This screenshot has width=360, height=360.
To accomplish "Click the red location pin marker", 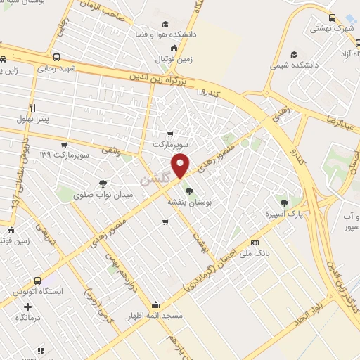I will click(181, 165).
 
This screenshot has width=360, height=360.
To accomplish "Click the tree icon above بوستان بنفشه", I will click(188, 190).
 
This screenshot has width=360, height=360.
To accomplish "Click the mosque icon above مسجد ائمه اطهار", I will click(155, 304).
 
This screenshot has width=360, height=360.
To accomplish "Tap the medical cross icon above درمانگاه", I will click(28, 307).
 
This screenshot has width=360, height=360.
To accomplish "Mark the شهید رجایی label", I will click(56, 68).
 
